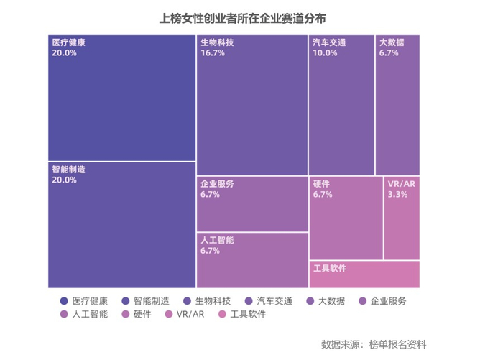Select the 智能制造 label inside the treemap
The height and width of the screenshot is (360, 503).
[x=69, y=170]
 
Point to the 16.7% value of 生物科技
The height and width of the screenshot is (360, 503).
[x=213, y=53]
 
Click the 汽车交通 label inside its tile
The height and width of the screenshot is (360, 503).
[x=329, y=42]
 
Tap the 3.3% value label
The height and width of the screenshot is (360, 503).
[x=397, y=195]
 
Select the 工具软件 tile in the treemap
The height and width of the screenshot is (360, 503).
[x=364, y=274]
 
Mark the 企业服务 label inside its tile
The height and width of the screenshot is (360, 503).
[x=217, y=184]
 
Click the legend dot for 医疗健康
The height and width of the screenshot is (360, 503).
[x=64, y=301]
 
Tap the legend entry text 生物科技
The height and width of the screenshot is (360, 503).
[x=213, y=301]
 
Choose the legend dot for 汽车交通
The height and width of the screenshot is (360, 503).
[x=249, y=301]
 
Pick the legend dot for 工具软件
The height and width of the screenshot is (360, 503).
[x=222, y=315]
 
